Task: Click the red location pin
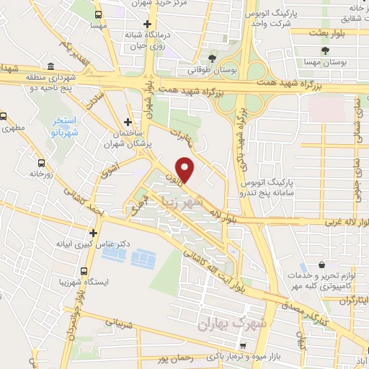click(x=186, y=169)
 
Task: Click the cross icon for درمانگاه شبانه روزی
click(x=146, y=23)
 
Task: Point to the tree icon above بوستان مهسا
click(x=326, y=50)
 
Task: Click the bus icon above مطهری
click(x=4, y=116)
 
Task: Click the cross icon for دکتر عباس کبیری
click(x=93, y=233)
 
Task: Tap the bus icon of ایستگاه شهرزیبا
click(x=85, y=272)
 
